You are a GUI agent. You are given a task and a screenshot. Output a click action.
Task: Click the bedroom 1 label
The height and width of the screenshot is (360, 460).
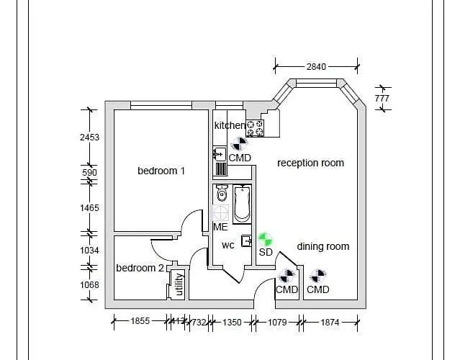pyautogui.click(x=161, y=171)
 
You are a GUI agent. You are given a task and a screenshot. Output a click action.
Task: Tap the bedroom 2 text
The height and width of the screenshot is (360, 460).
pyautogui.click(x=140, y=268)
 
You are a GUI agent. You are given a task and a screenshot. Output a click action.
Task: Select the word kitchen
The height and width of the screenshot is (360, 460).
pyautogui.click(x=230, y=125)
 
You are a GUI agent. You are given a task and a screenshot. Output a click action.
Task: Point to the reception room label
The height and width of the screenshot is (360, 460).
pyautogui.click(x=310, y=163)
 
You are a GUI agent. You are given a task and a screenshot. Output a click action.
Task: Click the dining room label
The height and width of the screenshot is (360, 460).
pyautogui.click(x=323, y=246)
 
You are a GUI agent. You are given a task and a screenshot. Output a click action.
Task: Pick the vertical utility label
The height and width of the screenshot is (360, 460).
pyautogui.click(x=179, y=285)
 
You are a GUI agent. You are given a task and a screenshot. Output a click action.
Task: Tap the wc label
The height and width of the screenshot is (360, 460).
pyautogui.click(x=227, y=245)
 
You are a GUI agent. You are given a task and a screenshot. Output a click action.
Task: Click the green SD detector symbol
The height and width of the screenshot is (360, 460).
pyautogui.click(x=266, y=238)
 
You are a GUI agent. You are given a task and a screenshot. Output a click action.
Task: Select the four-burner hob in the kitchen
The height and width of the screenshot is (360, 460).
pyautogui.click(x=255, y=128)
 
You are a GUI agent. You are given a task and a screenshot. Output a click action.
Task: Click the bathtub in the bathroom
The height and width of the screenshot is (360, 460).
pyautogui.click(x=241, y=204)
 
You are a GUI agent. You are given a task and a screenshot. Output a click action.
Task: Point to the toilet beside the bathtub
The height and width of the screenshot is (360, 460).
pyautogui.click(x=222, y=194)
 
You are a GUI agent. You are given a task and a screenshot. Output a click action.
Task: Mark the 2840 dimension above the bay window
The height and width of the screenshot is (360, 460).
pyautogui.click(x=316, y=66)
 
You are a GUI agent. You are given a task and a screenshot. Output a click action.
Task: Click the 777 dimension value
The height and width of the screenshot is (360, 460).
pyautogui.click(x=382, y=97)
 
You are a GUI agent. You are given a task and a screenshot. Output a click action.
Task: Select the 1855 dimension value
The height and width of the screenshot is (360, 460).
pyautogui.click(x=140, y=322)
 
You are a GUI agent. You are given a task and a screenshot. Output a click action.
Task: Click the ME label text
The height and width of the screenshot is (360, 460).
pyautogui.click(x=220, y=227)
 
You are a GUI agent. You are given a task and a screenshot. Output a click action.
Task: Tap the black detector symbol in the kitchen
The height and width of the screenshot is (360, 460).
pyautogui.click(x=238, y=144)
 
